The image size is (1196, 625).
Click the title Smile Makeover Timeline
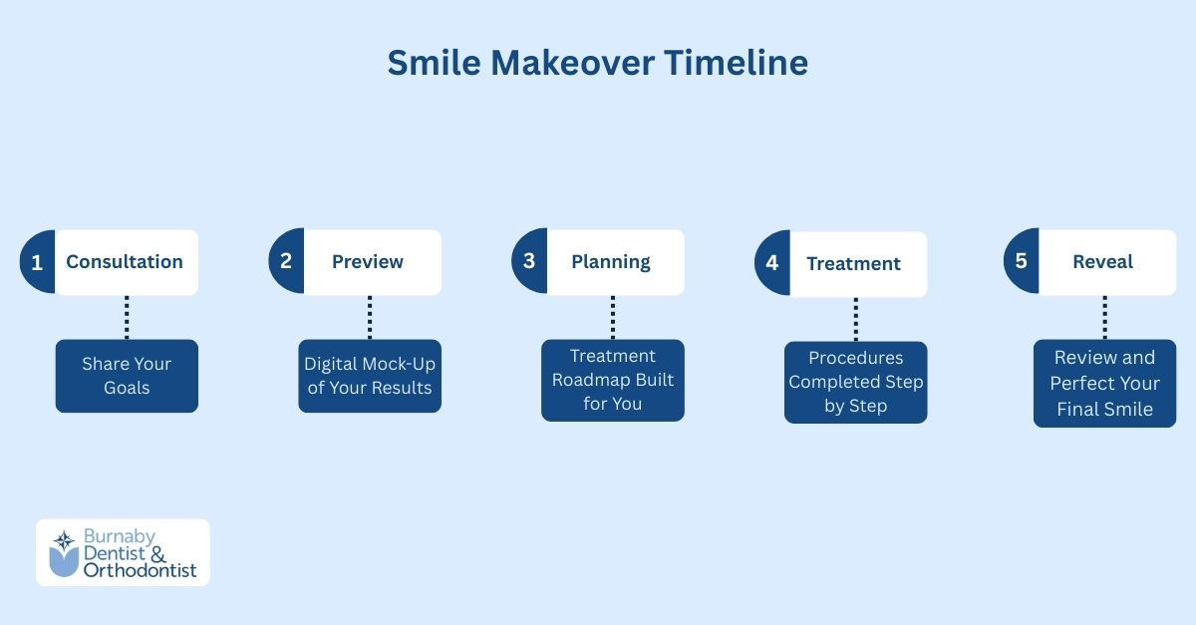pyautogui.click(x=597, y=63)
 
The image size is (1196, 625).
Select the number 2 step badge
pyautogui.click(x=286, y=262)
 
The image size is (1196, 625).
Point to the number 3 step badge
pyautogui.click(x=529, y=262)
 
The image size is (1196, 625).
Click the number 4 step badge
pyautogui.click(x=772, y=264)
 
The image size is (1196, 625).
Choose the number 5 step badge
pyautogui.click(x=1021, y=262)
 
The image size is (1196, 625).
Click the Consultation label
pyautogui.click(x=125, y=262)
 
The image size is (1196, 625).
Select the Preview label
pyautogui.click(x=368, y=262)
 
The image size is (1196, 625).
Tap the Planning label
pyautogui.click(x=611, y=262)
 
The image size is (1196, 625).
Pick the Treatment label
pyautogui.click(x=854, y=264)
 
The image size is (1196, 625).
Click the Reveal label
pyautogui.click(x=1103, y=262)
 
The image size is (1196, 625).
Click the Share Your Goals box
pyautogui.click(x=127, y=376)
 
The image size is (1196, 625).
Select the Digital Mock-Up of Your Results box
pyautogui.click(x=370, y=376)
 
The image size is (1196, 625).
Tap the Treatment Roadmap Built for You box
pyautogui.click(x=613, y=380)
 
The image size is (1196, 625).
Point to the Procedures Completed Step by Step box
pyautogui.click(x=856, y=382)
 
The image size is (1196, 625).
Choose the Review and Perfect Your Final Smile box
pyautogui.click(x=1105, y=383)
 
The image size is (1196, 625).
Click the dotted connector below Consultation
pyautogui.click(x=127, y=317)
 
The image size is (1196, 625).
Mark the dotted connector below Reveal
pyautogui.click(x=1104, y=317)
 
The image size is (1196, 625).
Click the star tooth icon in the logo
pyautogui.click(x=64, y=552)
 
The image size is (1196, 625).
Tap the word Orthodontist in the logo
pyautogui.click(x=141, y=571)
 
